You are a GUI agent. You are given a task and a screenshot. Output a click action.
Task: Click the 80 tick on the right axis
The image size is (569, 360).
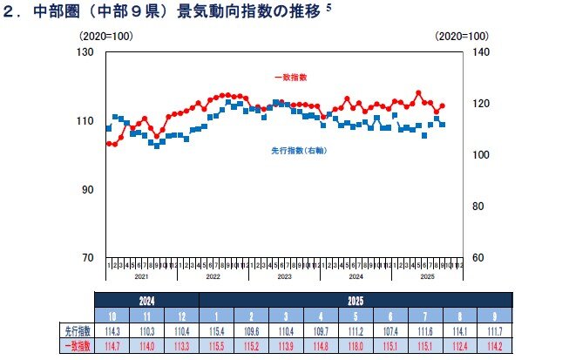pos(476,207)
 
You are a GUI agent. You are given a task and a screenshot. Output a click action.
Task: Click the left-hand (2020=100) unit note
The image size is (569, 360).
pos(103,37)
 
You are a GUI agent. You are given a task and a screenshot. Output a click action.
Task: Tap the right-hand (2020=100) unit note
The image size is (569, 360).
pos(463,37)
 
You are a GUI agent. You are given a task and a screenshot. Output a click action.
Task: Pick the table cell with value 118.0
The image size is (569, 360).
pos(356,347)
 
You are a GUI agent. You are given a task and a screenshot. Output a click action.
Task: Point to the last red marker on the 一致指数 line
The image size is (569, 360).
pos(443,105)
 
